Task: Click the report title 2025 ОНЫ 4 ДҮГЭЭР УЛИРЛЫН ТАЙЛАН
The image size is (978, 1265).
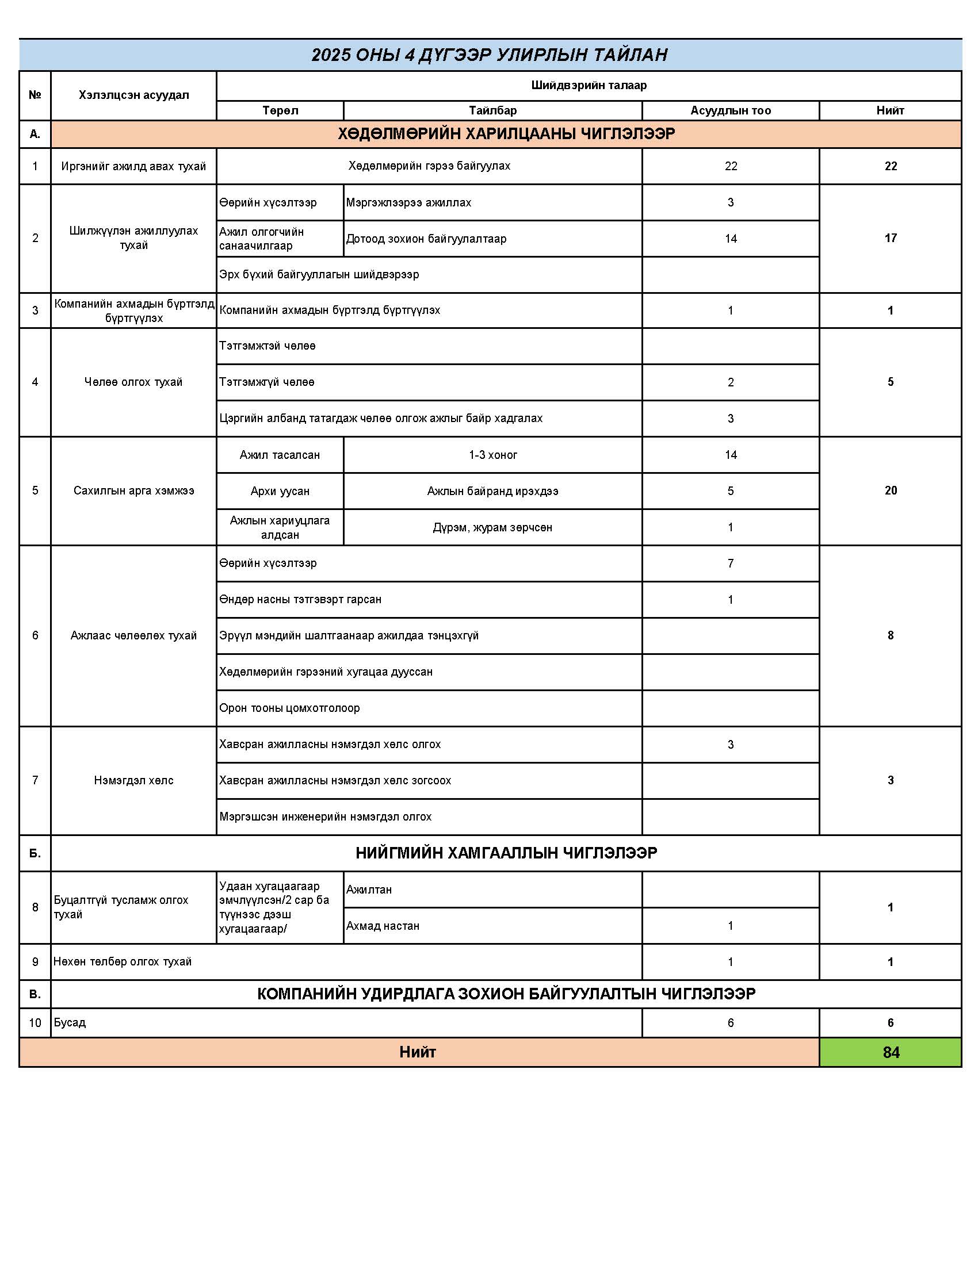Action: coord(490,55)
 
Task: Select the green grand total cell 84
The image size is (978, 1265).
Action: coord(891,1052)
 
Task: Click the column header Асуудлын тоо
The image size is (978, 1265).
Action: coord(731,110)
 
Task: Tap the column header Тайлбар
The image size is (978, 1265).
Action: coord(492,110)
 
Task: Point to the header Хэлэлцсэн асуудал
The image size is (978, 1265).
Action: coord(134,95)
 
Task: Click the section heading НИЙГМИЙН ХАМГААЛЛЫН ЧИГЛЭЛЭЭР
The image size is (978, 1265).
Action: coord(506,853)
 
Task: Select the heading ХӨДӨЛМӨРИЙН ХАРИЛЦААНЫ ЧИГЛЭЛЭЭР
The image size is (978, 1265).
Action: coord(506,134)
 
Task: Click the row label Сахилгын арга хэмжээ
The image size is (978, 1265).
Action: coord(134,490)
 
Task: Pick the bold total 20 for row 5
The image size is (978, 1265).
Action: coord(891,490)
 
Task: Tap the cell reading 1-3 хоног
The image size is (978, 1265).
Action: coord(492,455)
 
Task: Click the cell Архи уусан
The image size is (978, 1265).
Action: coord(280,491)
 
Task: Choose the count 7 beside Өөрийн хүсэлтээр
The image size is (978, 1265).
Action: coord(731,563)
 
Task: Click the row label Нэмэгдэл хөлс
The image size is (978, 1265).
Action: coord(134,780)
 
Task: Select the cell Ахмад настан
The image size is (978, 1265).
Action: coord(383,926)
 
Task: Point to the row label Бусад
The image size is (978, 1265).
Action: coord(70,1022)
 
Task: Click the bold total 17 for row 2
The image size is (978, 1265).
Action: coord(891,238)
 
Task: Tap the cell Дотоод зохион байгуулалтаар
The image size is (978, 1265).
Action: coord(426,239)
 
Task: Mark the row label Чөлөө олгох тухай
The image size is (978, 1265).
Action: coord(134,382)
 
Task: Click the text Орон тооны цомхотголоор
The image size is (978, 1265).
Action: coord(290,708)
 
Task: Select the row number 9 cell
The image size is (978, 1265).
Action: coord(35,961)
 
